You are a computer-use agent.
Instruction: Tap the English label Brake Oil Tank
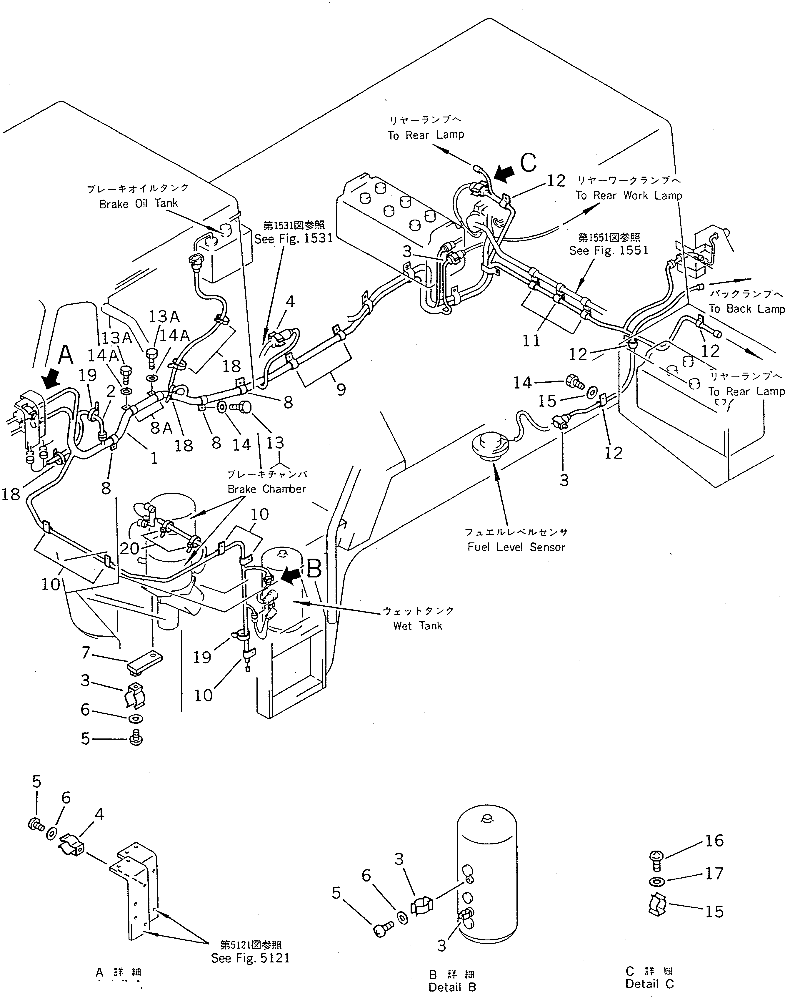[x=139, y=204]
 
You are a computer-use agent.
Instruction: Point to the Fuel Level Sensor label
[x=516, y=547]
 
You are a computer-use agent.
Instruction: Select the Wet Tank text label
[x=418, y=625]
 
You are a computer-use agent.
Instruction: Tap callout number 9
[x=341, y=390]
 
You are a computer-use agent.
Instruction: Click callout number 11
[x=531, y=341]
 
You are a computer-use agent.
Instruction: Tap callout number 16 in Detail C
[x=714, y=841]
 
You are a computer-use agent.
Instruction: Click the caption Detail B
[x=452, y=987]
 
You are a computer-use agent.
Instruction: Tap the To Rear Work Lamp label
[x=629, y=195]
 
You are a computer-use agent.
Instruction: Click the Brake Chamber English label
[x=266, y=489]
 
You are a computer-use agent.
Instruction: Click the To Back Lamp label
[x=746, y=309]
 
